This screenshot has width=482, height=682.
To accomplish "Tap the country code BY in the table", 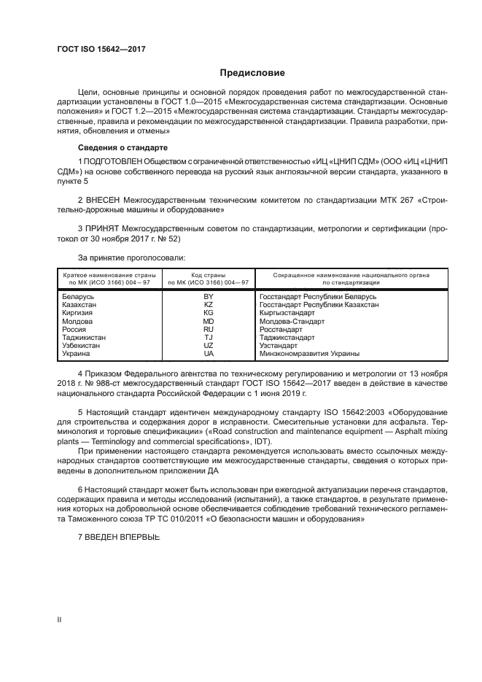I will click(x=209, y=298).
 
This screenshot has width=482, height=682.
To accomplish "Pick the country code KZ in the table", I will click(x=209, y=306).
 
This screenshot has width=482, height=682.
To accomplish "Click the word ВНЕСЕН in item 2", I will click(x=102, y=198).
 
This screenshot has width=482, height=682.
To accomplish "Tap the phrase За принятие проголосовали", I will click(x=131, y=257).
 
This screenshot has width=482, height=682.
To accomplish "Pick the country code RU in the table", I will click(x=209, y=329).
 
